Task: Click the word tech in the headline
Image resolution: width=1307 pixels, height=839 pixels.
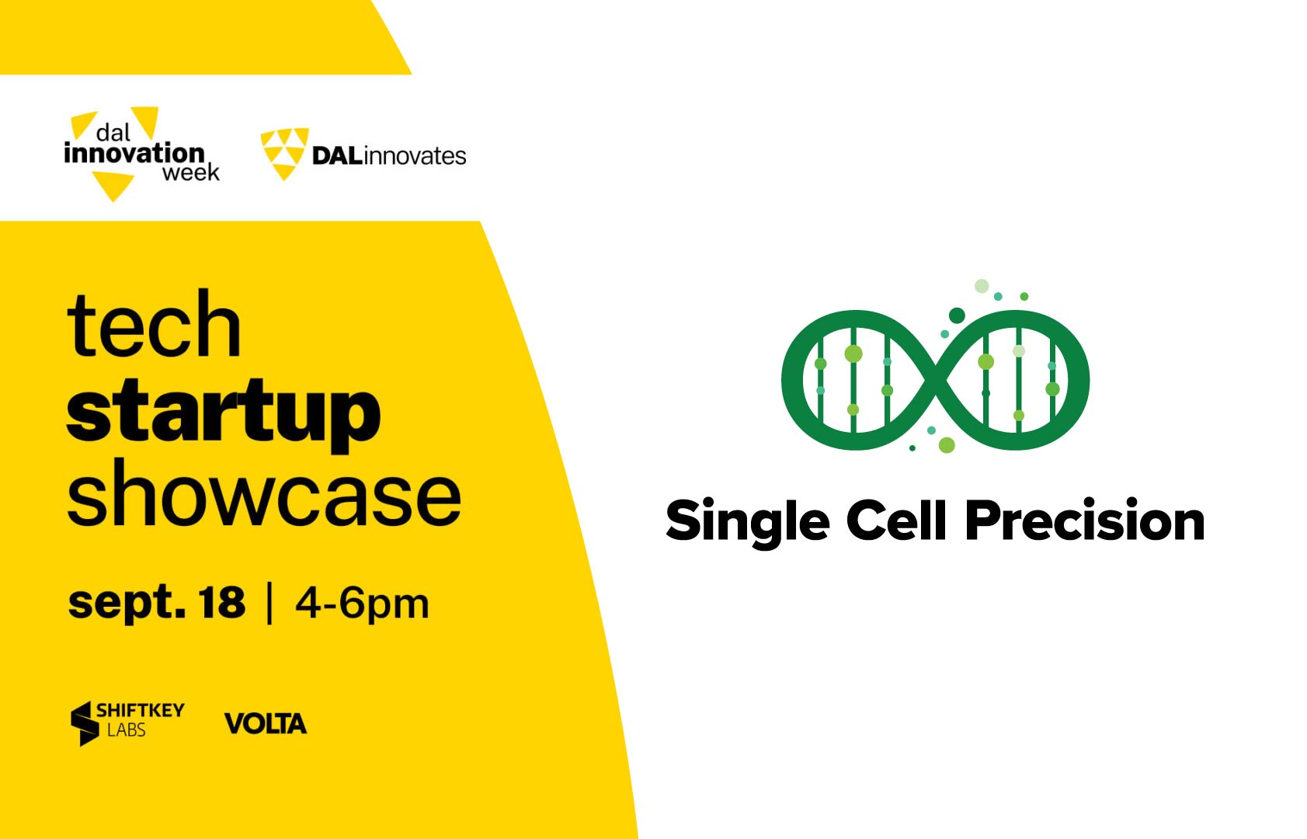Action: click(154, 324)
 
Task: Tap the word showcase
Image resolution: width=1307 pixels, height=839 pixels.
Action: click(264, 493)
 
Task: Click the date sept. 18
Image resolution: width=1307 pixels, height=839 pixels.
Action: click(157, 602)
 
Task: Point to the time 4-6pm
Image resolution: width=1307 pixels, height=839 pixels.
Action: click(363, 603)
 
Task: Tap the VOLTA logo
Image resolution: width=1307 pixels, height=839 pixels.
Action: click(266, 723)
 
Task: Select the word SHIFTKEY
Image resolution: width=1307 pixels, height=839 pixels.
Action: click(140, 710)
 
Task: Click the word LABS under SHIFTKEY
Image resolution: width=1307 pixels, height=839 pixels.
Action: click(126, 730)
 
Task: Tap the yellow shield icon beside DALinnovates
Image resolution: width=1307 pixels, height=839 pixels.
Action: click(284, 154)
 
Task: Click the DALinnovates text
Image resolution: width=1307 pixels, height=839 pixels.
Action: click(389, 156)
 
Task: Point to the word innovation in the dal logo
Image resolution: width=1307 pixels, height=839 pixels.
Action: click(134, 153)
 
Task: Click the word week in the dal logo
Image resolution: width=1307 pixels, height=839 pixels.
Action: click(191, 172)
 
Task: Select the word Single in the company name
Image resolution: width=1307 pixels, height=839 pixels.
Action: click(747, 522)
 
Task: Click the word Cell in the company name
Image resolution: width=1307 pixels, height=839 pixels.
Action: click(895, 519)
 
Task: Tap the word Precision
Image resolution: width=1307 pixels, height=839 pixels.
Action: click(1085, 519)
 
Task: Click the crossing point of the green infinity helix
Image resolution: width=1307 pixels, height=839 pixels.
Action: click(935, 380)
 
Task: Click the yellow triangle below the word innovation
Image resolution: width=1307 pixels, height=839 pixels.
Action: click(113, 186)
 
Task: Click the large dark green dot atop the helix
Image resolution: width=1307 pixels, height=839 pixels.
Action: click(957, 316)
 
